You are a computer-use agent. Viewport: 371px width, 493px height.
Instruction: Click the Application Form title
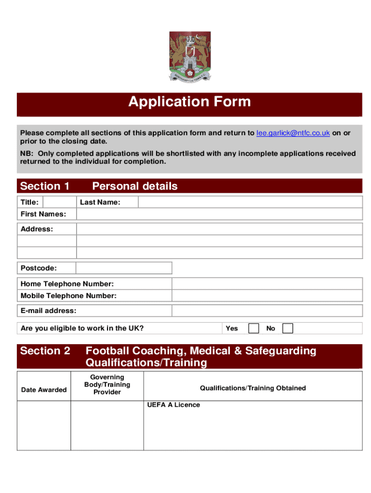pyautogui.click(x=189, y=102)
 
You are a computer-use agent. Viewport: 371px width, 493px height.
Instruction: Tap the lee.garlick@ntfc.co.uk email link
pyautogui.click(x=293, y=133)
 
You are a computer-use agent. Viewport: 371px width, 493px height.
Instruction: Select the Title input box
pyautogui.click(x=59, y=202)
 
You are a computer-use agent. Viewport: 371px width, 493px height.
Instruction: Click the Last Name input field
pyautogui.click(x=250, y=202)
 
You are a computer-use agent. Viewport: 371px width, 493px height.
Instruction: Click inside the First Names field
pyautogui.click(x=219, y=214)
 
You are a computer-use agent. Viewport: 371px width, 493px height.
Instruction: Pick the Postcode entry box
pyautogui.click(x=124, y=268)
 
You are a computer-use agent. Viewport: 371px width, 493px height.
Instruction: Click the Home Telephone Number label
pyautogui.click(x=67, y=284)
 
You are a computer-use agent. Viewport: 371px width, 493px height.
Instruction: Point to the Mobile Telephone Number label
pyautogui.click(x=68, y=296)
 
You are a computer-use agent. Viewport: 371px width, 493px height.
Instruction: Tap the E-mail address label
pyautogui.click(x=48, y=311)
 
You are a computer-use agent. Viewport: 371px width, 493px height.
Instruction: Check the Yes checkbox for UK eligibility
pyautogui.click(x=253, y=328)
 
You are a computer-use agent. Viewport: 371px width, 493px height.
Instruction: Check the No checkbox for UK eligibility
pyautogui.click(x=288, y=328)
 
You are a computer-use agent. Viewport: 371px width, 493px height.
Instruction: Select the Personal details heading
pyautogui.click(x=134, y=186)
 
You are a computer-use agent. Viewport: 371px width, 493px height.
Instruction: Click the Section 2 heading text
pyautogui.click(x=45, y=351)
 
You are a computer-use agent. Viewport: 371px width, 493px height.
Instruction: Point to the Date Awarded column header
pyautogui.click(x=44, y=389)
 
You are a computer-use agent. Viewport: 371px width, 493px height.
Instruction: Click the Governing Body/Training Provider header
pyautogui.click(x=107, y=385)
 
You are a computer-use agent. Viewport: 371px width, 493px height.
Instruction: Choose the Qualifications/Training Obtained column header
pyautogui.click(x=252, y=388)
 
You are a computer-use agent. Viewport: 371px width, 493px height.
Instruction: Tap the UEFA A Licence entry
pyautogui.click(x=173, y=405)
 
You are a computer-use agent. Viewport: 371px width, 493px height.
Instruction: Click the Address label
pyautogui.click(x=37, y=229)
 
